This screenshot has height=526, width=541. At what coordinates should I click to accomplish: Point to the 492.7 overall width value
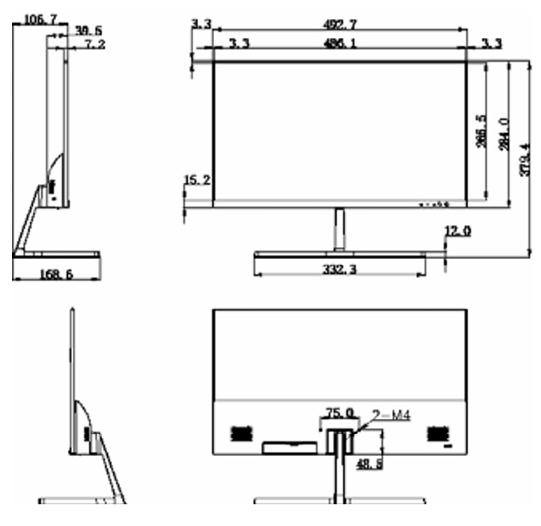(x=339, y=25)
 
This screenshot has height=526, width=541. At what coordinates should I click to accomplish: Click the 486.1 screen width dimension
(x=340, y=43)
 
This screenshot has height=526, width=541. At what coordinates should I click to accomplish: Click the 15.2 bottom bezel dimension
(x=197, y=181)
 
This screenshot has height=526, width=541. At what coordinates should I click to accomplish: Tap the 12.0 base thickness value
(x=458, y=230)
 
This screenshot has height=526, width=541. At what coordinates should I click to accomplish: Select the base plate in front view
(x=339, y=256)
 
